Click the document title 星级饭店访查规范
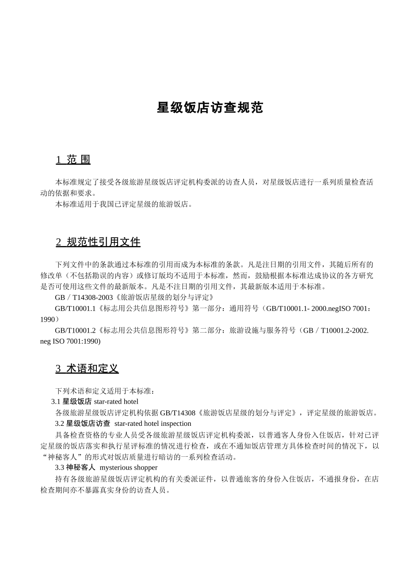[210, 108]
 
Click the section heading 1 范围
[73, 159]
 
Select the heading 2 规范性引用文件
[98, 242]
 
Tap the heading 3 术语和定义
[87, 368]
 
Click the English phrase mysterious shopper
[129, 467]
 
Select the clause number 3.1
[56, 402]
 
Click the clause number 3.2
[60, 424]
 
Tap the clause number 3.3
[60, 467]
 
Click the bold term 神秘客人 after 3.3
[81, 467]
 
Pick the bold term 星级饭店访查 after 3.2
[88, 424]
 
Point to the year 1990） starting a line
[50, 319]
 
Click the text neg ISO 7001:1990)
[70, 341]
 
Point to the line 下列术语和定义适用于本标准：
[105, 391]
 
